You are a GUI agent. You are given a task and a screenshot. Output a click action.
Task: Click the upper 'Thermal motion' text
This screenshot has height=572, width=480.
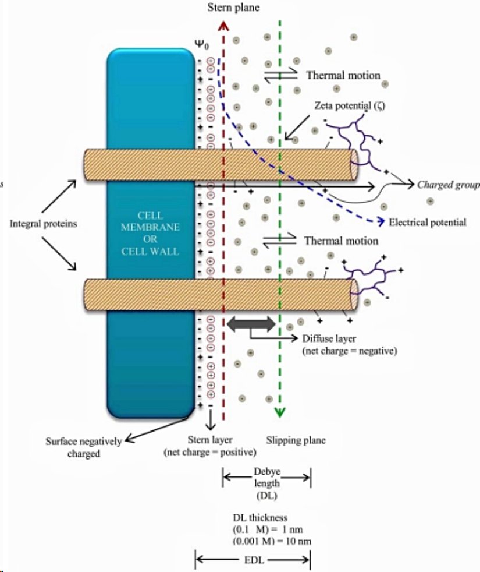pos(343,75)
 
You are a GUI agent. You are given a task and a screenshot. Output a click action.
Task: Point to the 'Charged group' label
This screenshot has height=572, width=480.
pos(448,185)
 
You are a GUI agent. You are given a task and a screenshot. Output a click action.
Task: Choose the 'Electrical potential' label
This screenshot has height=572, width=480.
pos(427,223)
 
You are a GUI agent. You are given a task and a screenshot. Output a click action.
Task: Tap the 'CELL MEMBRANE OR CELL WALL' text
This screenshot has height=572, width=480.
pos(150,233)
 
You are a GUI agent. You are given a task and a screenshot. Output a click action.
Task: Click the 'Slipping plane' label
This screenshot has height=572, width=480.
pos(296,440)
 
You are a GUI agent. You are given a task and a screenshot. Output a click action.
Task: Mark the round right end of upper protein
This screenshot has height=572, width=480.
pos(352,165)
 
